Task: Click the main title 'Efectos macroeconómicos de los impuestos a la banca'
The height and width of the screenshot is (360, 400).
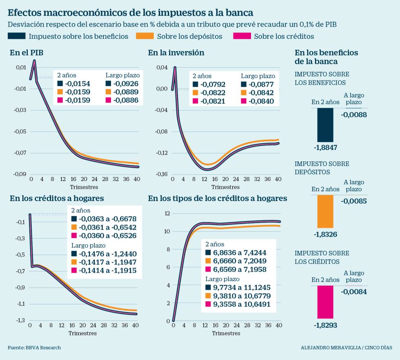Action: [131, 12]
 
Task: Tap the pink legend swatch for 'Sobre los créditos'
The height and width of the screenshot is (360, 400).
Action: [241, 36]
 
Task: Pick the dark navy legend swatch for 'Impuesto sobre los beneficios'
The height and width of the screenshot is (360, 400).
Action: [16, 36]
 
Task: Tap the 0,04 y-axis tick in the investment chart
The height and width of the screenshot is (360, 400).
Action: [162, 67]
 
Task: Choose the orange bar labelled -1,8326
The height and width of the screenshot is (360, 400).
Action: [325, 211]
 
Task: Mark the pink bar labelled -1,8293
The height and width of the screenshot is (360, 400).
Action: [325, 302]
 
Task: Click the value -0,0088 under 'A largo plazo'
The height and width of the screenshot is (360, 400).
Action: [354, 115]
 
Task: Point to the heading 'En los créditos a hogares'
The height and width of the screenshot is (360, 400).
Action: [57, 199]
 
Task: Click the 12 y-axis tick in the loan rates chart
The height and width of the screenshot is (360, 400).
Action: [167, 213]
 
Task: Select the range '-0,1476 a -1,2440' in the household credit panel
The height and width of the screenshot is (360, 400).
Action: [107, 254]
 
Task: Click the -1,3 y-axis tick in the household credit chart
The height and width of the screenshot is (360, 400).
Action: [20, 320]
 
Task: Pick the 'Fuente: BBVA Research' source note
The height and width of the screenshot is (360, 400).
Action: [34, 348]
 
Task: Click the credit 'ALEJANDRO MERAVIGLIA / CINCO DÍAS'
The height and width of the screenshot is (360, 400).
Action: [346, 348]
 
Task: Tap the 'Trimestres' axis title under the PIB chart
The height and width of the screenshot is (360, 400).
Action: [84, 187]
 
